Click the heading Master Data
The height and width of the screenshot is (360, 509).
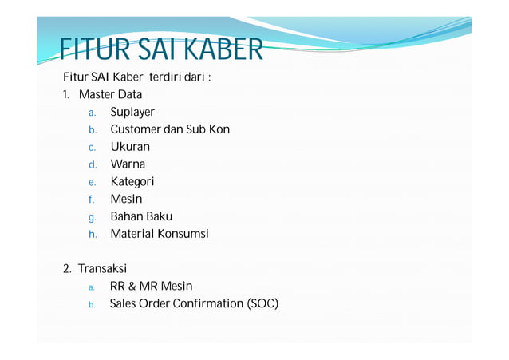[110, 95]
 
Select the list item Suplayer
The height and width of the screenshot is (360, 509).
[132, 113]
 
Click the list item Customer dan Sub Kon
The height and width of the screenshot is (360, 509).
[170, 129]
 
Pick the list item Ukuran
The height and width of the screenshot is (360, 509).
[130, 147]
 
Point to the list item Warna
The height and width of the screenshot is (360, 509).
[128, 164]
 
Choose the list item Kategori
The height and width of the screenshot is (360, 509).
[132, 182]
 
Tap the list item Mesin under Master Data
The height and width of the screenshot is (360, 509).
[126, 199]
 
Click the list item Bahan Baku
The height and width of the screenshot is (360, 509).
[141, 216]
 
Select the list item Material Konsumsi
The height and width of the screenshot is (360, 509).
[160, 234]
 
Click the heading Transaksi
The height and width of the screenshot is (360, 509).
[102, 269]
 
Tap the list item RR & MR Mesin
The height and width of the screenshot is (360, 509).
[151, 286]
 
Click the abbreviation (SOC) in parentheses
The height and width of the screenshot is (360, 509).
[262, 303]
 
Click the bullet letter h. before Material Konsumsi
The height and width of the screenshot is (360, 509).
[93, 235]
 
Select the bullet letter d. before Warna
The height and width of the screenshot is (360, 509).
[93, 165]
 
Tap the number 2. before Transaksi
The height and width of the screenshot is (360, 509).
[68, 269]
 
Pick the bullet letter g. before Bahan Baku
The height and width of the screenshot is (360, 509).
[93, 217]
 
